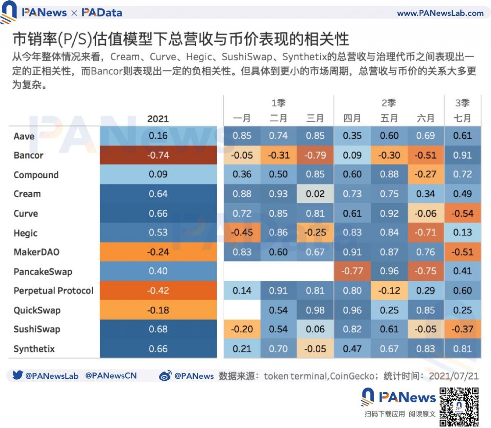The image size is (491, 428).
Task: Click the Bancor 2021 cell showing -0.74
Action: tap(158, 155)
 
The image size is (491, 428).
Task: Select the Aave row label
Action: tap(24, 136)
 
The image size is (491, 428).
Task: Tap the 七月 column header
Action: tap(462, 118)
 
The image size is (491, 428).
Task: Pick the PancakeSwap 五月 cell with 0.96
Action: tap(389, 271)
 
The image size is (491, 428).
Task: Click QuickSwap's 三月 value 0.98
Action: tap(315, 310)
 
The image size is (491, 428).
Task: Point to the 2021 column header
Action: tap(158, 119)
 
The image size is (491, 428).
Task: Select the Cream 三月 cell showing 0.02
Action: tap(315, 194)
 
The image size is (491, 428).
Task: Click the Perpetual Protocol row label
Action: tap(53, 291)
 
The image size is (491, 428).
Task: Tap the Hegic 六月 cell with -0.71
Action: tap(425, 232)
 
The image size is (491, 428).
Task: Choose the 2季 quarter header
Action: tap(389, 103)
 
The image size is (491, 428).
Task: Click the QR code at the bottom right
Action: tap(459, 407)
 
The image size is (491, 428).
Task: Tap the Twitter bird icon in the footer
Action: tap(17, 375)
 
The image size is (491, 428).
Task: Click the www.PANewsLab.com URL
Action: tap(440, 13)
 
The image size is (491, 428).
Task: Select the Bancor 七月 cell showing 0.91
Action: tap(462, 155)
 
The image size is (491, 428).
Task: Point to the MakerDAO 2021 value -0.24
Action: tap(158, 252)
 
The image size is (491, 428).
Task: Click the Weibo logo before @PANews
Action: tap(165, 376)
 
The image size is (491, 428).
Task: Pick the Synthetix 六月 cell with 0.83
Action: tap(425, 349)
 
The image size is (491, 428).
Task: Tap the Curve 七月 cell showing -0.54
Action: tap(462, 213)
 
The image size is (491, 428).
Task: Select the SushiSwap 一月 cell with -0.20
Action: tap(242, 329)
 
